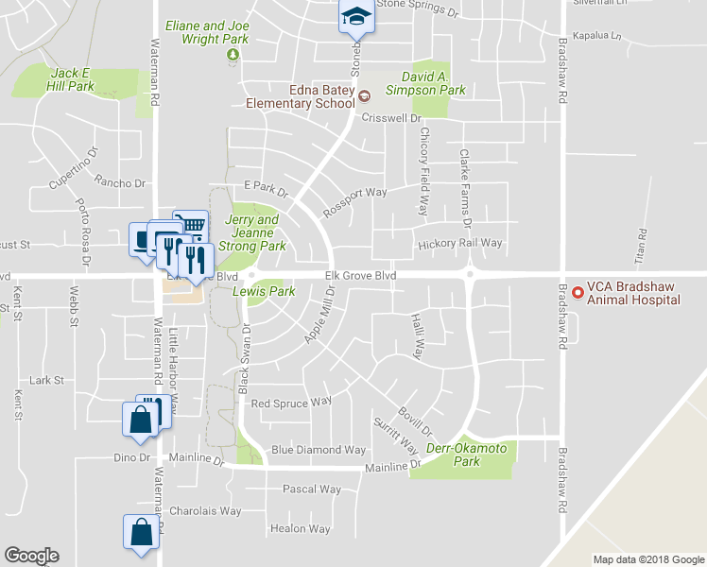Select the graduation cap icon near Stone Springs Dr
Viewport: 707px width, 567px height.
click(x=356, y=16)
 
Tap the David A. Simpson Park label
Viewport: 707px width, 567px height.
click(x=426, y=83)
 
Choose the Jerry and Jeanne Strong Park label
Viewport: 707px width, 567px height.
click(x=252, y=232)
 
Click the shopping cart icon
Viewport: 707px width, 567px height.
click(x=192, y=224)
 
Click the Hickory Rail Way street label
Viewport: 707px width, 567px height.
click(x=460, y=243)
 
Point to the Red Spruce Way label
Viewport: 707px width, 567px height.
click(x=291, y=402)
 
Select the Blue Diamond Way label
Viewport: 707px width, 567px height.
click(x=318, y=450)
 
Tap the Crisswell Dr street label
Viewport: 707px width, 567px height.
click(x=390, y=118)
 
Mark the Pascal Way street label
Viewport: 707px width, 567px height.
click(x=311, y=490)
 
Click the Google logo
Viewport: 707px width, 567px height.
click(x=32, y=556)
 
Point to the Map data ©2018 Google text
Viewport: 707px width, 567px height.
click(x=647, y=559)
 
